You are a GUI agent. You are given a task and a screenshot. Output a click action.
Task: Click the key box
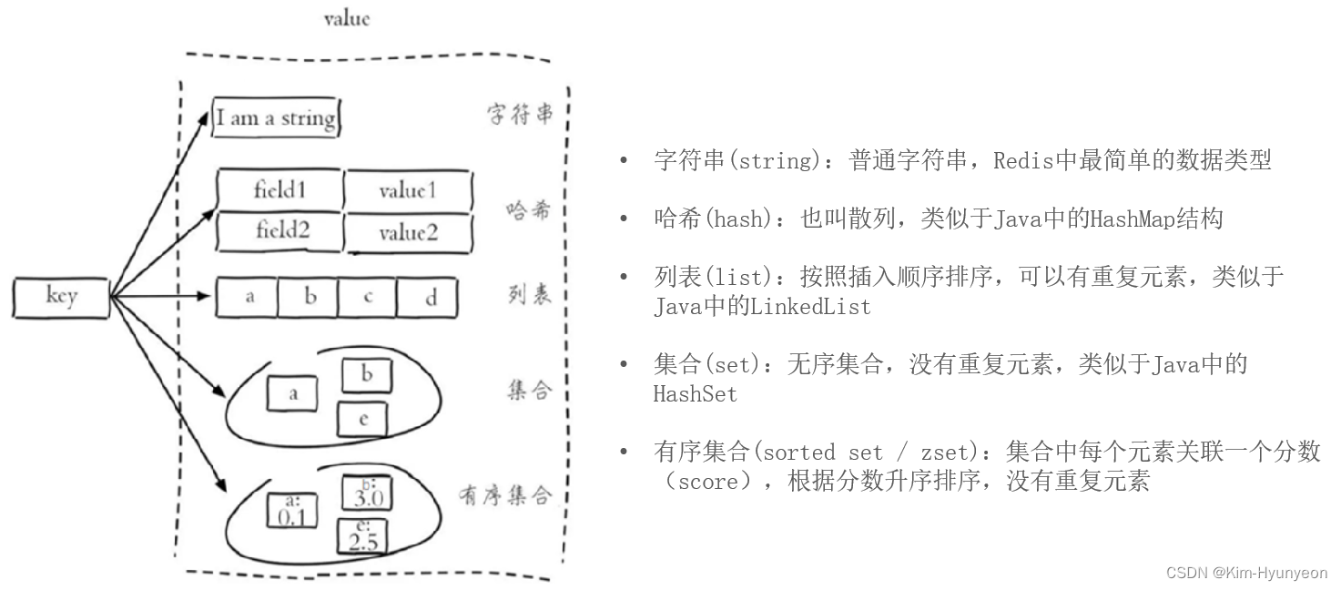62,297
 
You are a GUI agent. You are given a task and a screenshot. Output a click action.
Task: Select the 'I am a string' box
276,118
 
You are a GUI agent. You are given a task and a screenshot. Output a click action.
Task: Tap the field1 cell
279,190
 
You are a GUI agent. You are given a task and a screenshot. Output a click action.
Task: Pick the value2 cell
409,233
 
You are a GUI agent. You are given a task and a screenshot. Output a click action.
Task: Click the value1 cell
408,190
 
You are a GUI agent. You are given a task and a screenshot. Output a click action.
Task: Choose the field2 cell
279,231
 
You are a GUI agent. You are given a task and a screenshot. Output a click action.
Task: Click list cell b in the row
309,298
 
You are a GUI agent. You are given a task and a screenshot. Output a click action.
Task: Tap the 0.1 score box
291,511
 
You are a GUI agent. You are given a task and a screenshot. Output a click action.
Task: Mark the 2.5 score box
362,536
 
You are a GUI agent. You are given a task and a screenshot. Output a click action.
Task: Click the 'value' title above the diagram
346,19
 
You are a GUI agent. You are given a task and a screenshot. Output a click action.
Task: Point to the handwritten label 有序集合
505,496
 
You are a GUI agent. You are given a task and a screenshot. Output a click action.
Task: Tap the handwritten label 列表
529,296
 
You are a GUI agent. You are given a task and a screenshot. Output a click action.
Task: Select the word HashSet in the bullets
695,394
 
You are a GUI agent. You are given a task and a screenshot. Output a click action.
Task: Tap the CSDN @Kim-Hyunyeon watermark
1246,573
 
